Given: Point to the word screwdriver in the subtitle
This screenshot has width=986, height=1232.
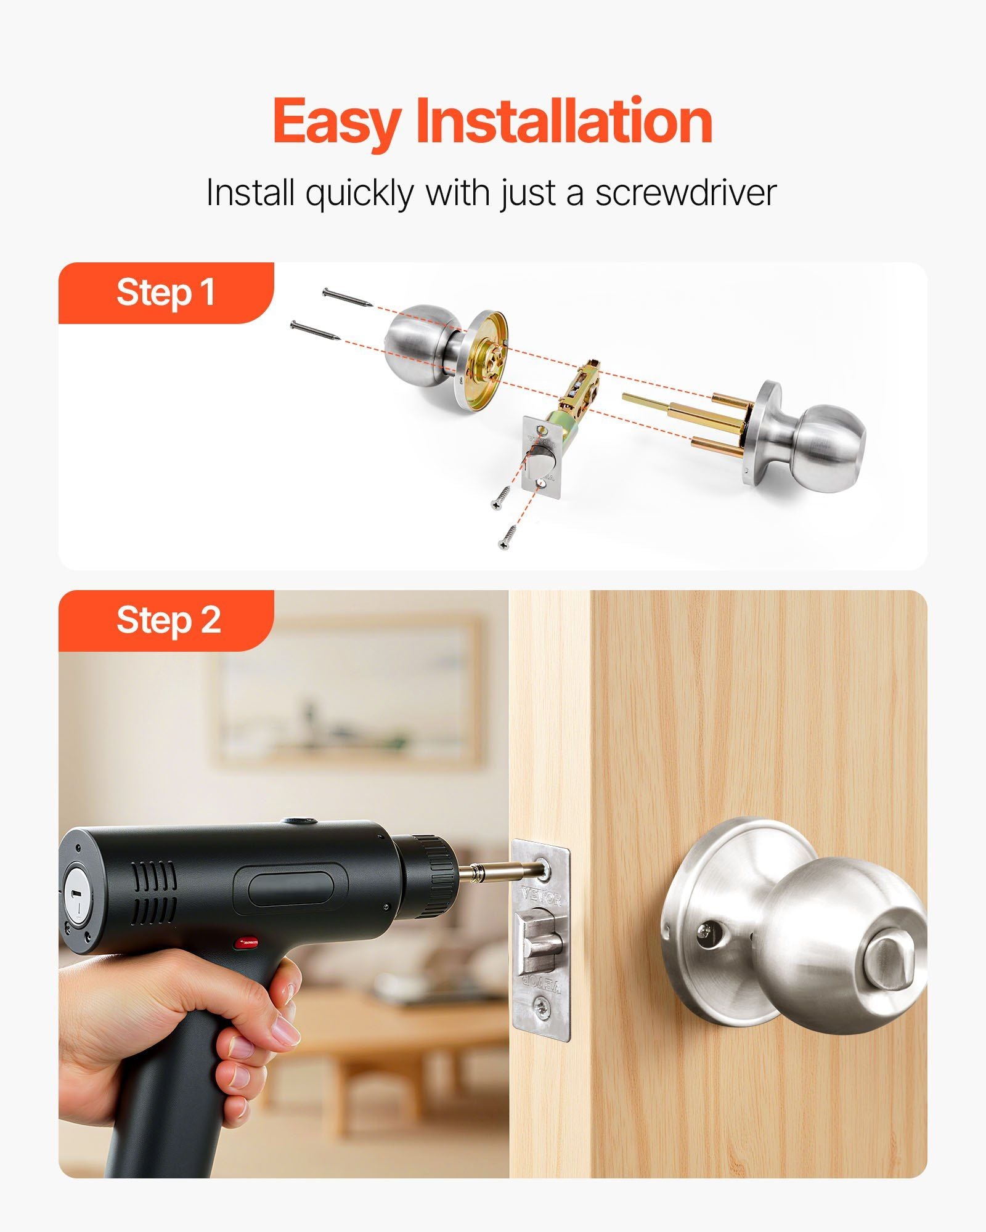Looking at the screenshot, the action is tap(685, 193).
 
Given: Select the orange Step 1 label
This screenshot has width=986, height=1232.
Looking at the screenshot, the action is tap(166, 293).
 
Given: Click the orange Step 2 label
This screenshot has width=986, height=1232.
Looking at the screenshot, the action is tap(166, 620).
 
